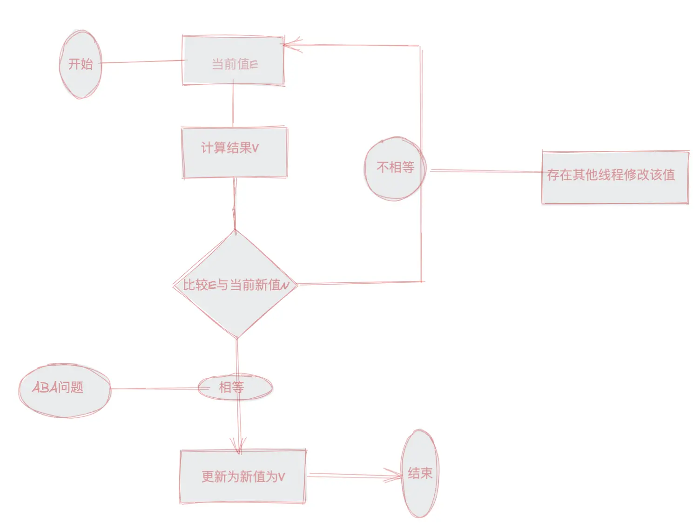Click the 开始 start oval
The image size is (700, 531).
coord(81,64)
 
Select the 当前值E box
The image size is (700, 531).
coord(233,61)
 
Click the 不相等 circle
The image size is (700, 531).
coord(395,168)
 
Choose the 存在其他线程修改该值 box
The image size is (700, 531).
coord(615,177)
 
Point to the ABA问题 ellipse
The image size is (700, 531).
coord(65,390)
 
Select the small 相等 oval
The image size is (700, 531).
coord(235,387)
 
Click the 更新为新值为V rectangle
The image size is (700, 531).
coord(242,477)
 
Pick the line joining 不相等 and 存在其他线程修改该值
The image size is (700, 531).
coord(484,171)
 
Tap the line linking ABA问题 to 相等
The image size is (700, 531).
coord(154,388)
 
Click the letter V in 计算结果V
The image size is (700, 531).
coord(255,148)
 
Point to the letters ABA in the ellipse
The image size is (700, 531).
coord(45,387)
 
